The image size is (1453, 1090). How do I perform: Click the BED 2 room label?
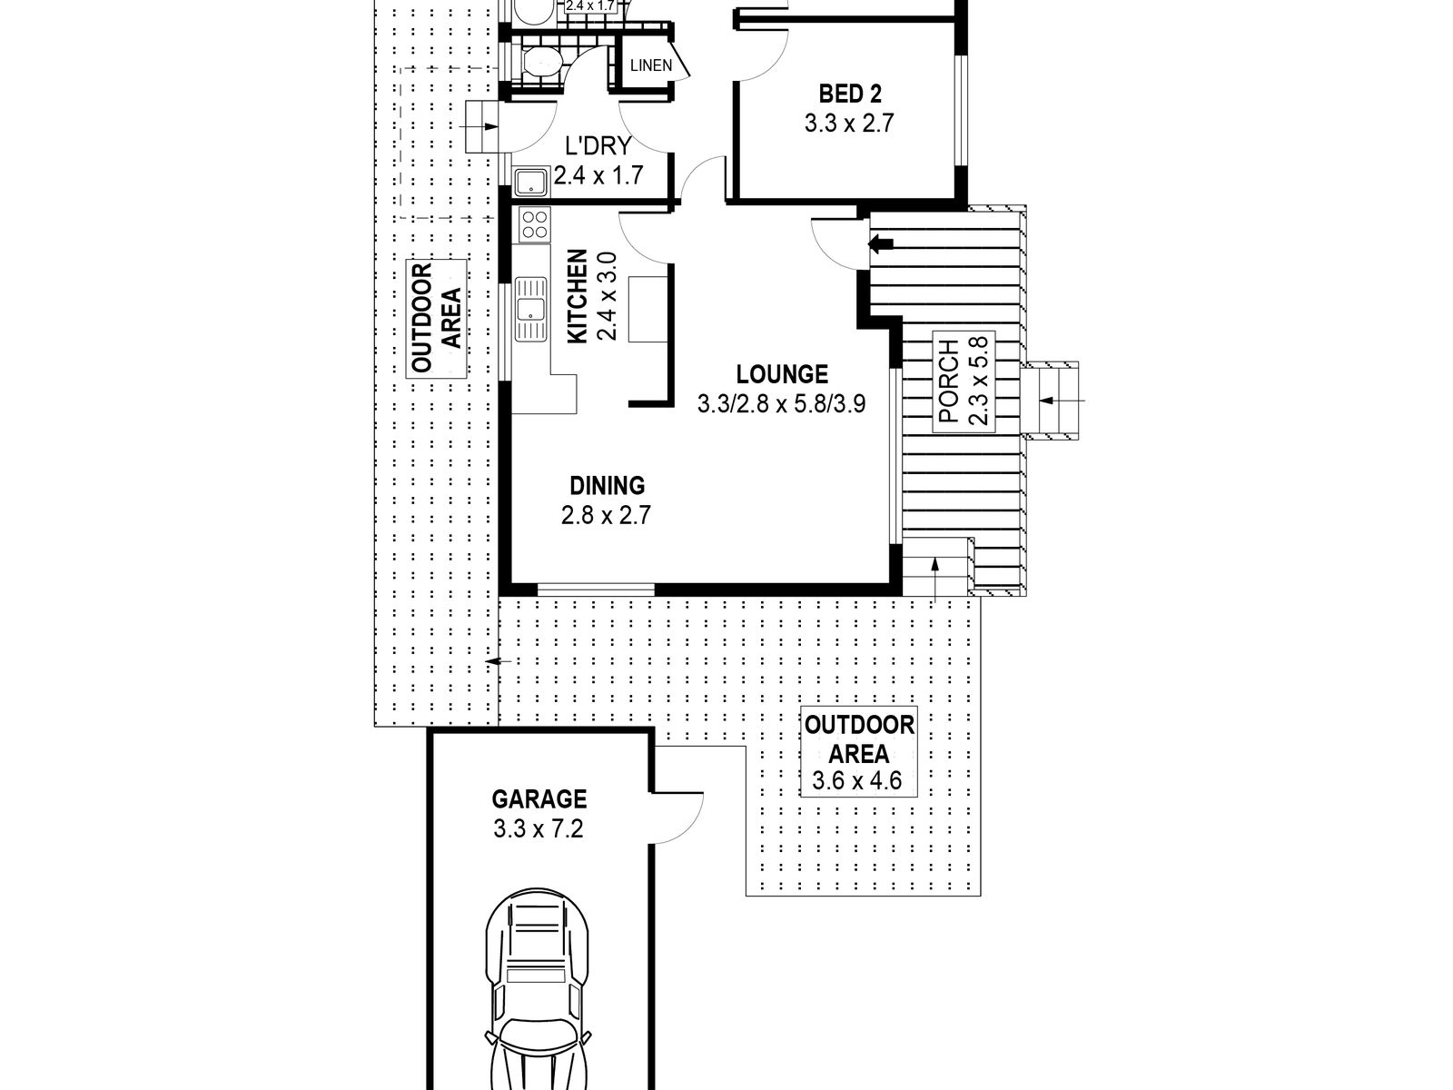tap(850, 94)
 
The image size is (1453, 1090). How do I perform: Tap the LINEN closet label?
tap(651, 65)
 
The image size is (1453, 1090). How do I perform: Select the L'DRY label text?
tap(598, 146)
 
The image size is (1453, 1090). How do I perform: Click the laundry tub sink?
tap(530, 182)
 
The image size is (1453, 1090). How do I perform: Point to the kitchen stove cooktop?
tap(534, 223)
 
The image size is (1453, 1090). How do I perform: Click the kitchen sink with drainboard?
tap(531, 309)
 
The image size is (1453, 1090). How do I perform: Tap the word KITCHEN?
tap(578, 296)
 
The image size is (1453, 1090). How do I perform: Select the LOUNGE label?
tap(782, 374)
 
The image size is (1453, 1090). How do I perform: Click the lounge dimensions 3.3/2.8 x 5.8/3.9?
tap(781, 403)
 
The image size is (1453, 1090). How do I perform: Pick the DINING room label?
tap(607, 486)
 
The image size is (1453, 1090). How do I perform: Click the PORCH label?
tap(949, 381)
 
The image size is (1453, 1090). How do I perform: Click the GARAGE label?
tap(539, 799)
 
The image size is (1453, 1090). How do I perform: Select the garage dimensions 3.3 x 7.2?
tap(539, 828)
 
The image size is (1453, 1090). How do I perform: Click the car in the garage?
tap(538, 989)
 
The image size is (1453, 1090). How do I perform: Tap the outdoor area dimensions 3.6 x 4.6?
tap(857, 781)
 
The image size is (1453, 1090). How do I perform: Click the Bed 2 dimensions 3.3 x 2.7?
tap(849, 124)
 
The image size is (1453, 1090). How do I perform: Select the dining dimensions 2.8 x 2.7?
tap(607, 515)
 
